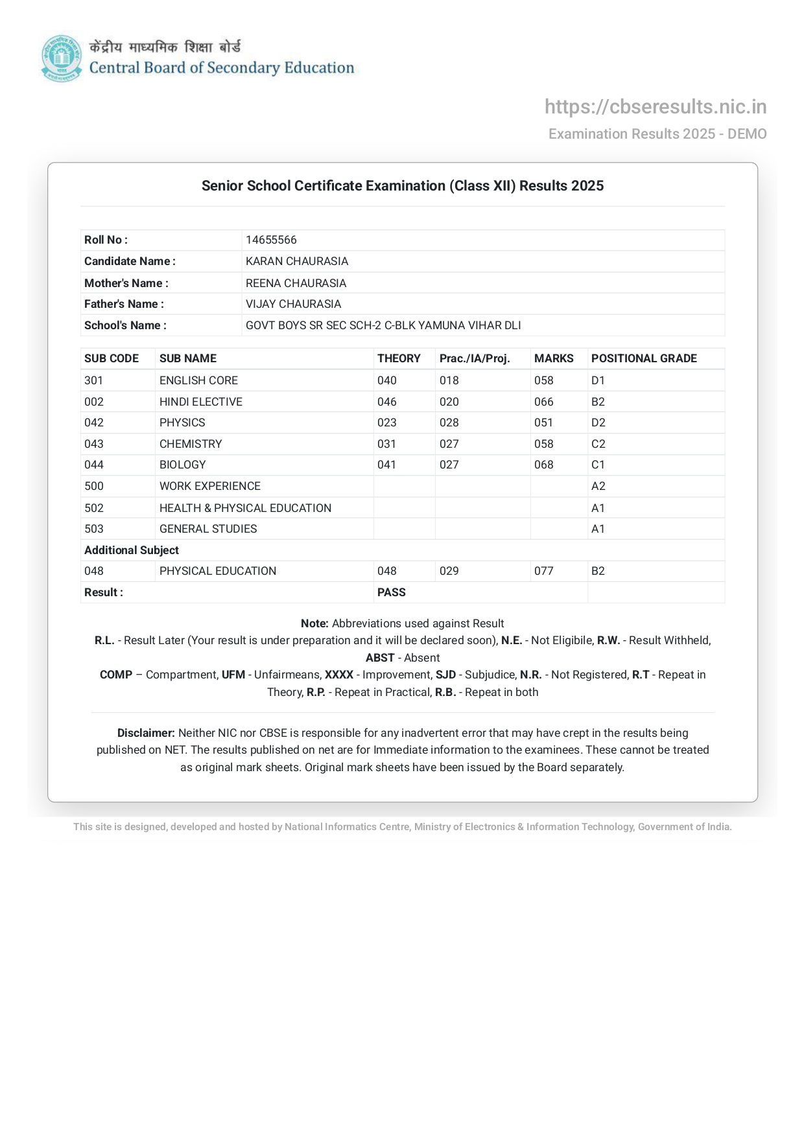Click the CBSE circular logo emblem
pos(62,58)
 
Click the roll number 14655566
pos(271,240)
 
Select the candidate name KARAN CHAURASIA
pos(297,261)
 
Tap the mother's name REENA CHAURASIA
pos(296,283)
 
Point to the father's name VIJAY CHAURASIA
pos(293,304)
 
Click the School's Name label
pos(125,325)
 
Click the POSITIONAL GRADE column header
pos(644,358)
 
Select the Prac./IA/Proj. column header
pos(475,358)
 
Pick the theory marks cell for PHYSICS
pos(387,423)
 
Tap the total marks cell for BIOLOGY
pos(544,465)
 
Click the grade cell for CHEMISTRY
pos(598,444)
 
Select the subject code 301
pos(94,380)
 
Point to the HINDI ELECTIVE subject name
pos(201,402)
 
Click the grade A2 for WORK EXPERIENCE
pos(598,486)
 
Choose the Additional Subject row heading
pos(132,550)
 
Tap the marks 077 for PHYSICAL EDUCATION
pos(544,571)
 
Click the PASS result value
pos(392,592)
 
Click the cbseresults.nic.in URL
pos(656,107)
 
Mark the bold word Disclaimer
pos(146,733)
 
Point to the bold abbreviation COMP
pos(116,675)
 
